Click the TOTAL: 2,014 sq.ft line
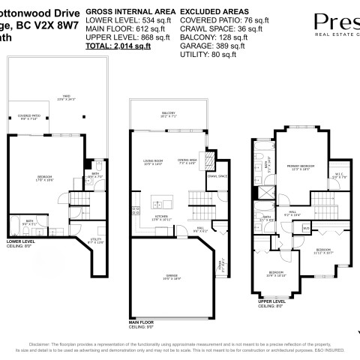[118, 46]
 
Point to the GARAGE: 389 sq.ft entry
[201, 46]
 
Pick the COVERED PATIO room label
[29, 118]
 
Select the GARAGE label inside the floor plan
[172, 277]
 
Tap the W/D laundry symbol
[305, 226]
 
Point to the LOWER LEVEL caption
[20, 241]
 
